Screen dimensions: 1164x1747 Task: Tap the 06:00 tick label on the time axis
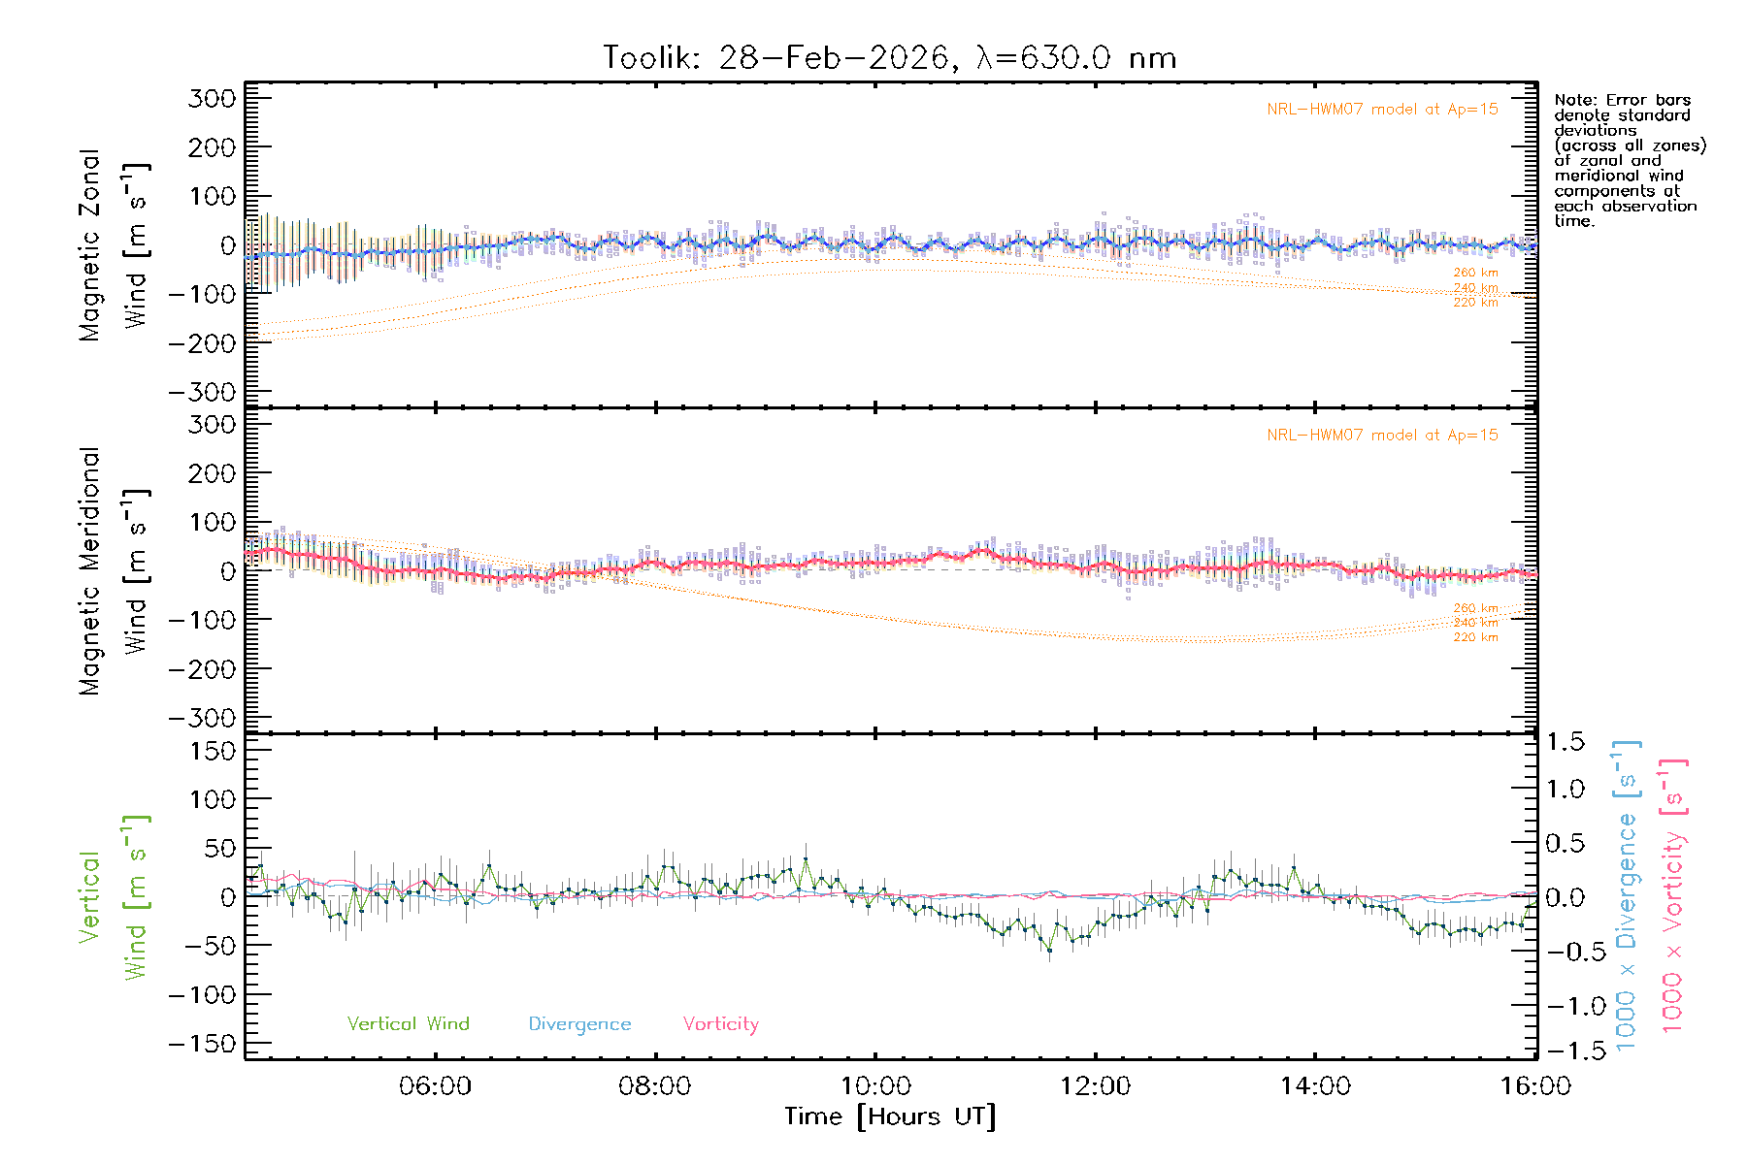tap(435, 1086)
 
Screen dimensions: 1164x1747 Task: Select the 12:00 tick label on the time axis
tap(1095, 1086)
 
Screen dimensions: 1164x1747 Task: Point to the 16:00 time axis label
tap(1534, 1086)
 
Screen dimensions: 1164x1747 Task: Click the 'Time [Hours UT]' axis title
tap(890, 1116)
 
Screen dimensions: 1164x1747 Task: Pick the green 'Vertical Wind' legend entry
tap(408, 1024)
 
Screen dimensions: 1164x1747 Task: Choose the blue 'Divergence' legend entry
tap(579, 1024)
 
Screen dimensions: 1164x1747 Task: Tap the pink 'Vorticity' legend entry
tap(720, 1024)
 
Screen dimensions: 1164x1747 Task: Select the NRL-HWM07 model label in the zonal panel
tap(1382, 110)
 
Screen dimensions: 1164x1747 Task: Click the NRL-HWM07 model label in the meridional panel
tap(1382, 436)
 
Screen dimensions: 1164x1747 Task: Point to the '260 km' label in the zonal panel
tap(1475, 273)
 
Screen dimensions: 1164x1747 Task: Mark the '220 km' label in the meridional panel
tap(1475, 637)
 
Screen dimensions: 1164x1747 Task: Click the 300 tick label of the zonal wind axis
tap(212, 98)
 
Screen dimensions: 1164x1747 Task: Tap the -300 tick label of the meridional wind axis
tap(202, 718)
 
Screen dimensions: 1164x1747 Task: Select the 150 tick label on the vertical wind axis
tap(212, 751)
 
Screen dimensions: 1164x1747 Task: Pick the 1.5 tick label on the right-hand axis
tap(1566, 742)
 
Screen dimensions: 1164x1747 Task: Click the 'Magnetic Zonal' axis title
tap(89, 245)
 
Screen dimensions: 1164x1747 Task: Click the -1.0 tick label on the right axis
tap(1566, 1006)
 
